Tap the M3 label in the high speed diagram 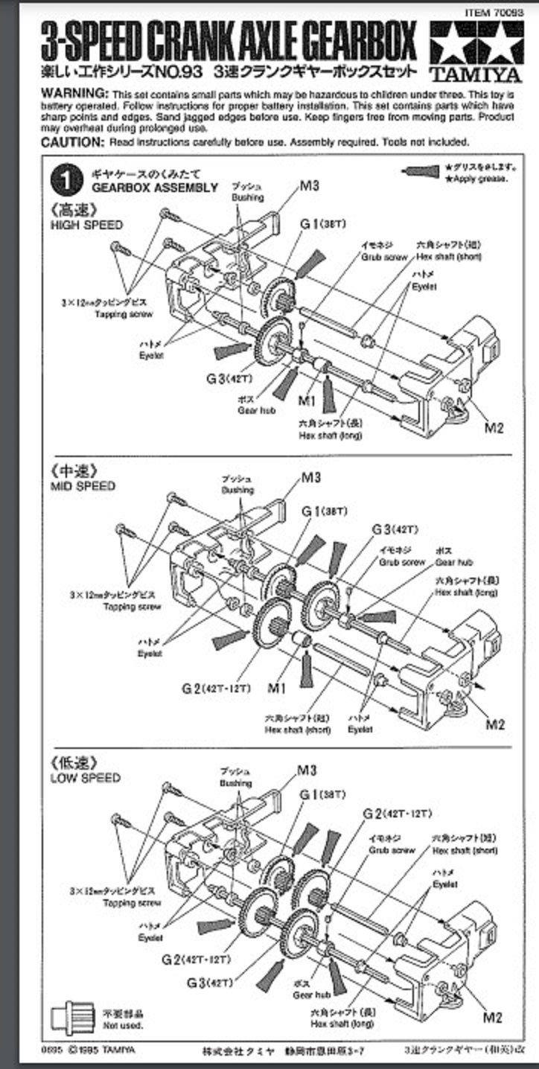[310, 186]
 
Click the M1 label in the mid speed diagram [276, 688]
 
